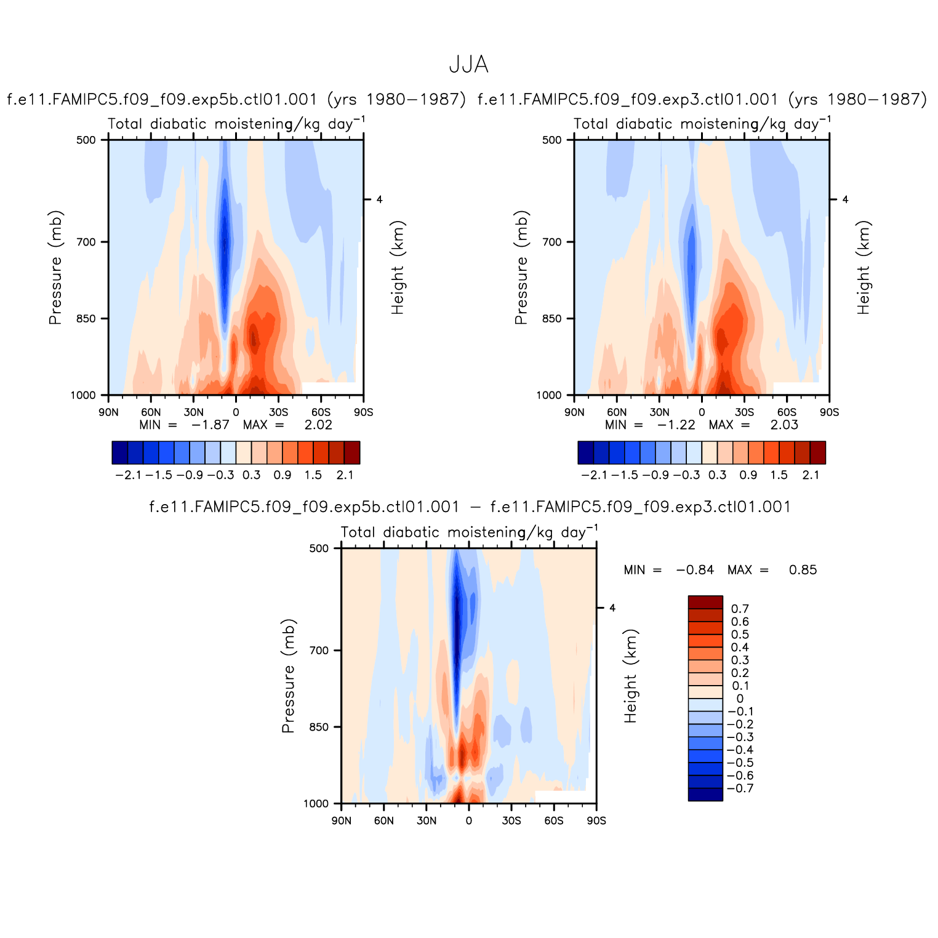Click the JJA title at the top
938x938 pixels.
(468, 65)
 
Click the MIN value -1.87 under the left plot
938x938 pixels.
(210, 425)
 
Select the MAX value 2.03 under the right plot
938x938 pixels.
(784, 425)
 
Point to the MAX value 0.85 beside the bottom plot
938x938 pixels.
(803, 570)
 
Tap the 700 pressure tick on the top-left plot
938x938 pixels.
(87, 242)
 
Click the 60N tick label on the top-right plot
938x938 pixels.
(616, 412)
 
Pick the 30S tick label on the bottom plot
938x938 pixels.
(511, 820)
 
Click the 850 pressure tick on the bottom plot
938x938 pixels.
(319, 727)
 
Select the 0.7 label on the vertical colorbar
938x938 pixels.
(740, 609)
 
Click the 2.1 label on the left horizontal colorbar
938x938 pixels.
(345, 475)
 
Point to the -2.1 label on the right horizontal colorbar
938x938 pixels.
(594, 475)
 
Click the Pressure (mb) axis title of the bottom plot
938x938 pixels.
(288, 676)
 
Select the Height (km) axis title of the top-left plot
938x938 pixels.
(398, 268)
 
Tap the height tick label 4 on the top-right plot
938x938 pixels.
(845, 199)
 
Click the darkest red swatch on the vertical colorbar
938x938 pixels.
(705, 602)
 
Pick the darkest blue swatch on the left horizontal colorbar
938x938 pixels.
(120, 452)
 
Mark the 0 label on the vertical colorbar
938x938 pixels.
(740, 699)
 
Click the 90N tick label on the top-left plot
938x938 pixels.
(108, 412)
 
